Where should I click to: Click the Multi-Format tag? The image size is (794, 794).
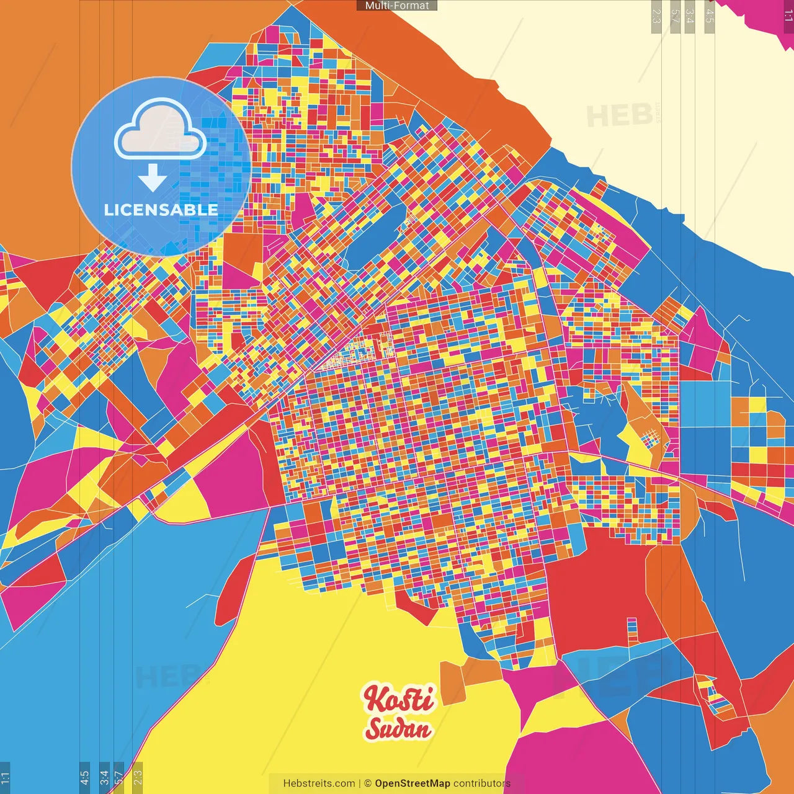click(x=397, y=6)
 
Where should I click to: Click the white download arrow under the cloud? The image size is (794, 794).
click(x=152, y=177)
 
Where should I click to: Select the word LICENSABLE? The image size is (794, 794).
click(x=161, y=210)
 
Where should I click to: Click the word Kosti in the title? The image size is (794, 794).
click(x=399, y=699)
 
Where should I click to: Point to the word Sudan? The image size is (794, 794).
click(x=398, y=729)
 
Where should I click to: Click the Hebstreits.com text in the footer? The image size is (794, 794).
click(x=319, y=783)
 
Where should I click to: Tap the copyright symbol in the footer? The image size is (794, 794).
click(x=367, y=783)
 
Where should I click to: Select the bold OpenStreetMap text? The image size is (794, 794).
click(x=413, y=783)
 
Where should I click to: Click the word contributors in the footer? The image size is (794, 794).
click(x=482, y=783)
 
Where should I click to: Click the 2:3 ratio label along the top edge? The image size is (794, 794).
click(x=656, y=16)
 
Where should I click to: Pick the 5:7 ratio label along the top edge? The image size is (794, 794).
click(x=676, y=16)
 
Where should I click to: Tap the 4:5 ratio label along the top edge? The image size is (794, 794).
click(x=710, y=16)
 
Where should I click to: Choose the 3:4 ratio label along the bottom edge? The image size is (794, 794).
click(x=104, y=777)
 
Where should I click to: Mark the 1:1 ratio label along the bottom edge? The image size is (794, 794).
click(x=5, y=777)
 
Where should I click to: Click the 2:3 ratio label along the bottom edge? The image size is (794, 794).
click(x=138, y=777)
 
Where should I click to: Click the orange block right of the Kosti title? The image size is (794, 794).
click(x=453, y=682)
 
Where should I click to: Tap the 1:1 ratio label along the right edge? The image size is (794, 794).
click(x=788, y=16)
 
